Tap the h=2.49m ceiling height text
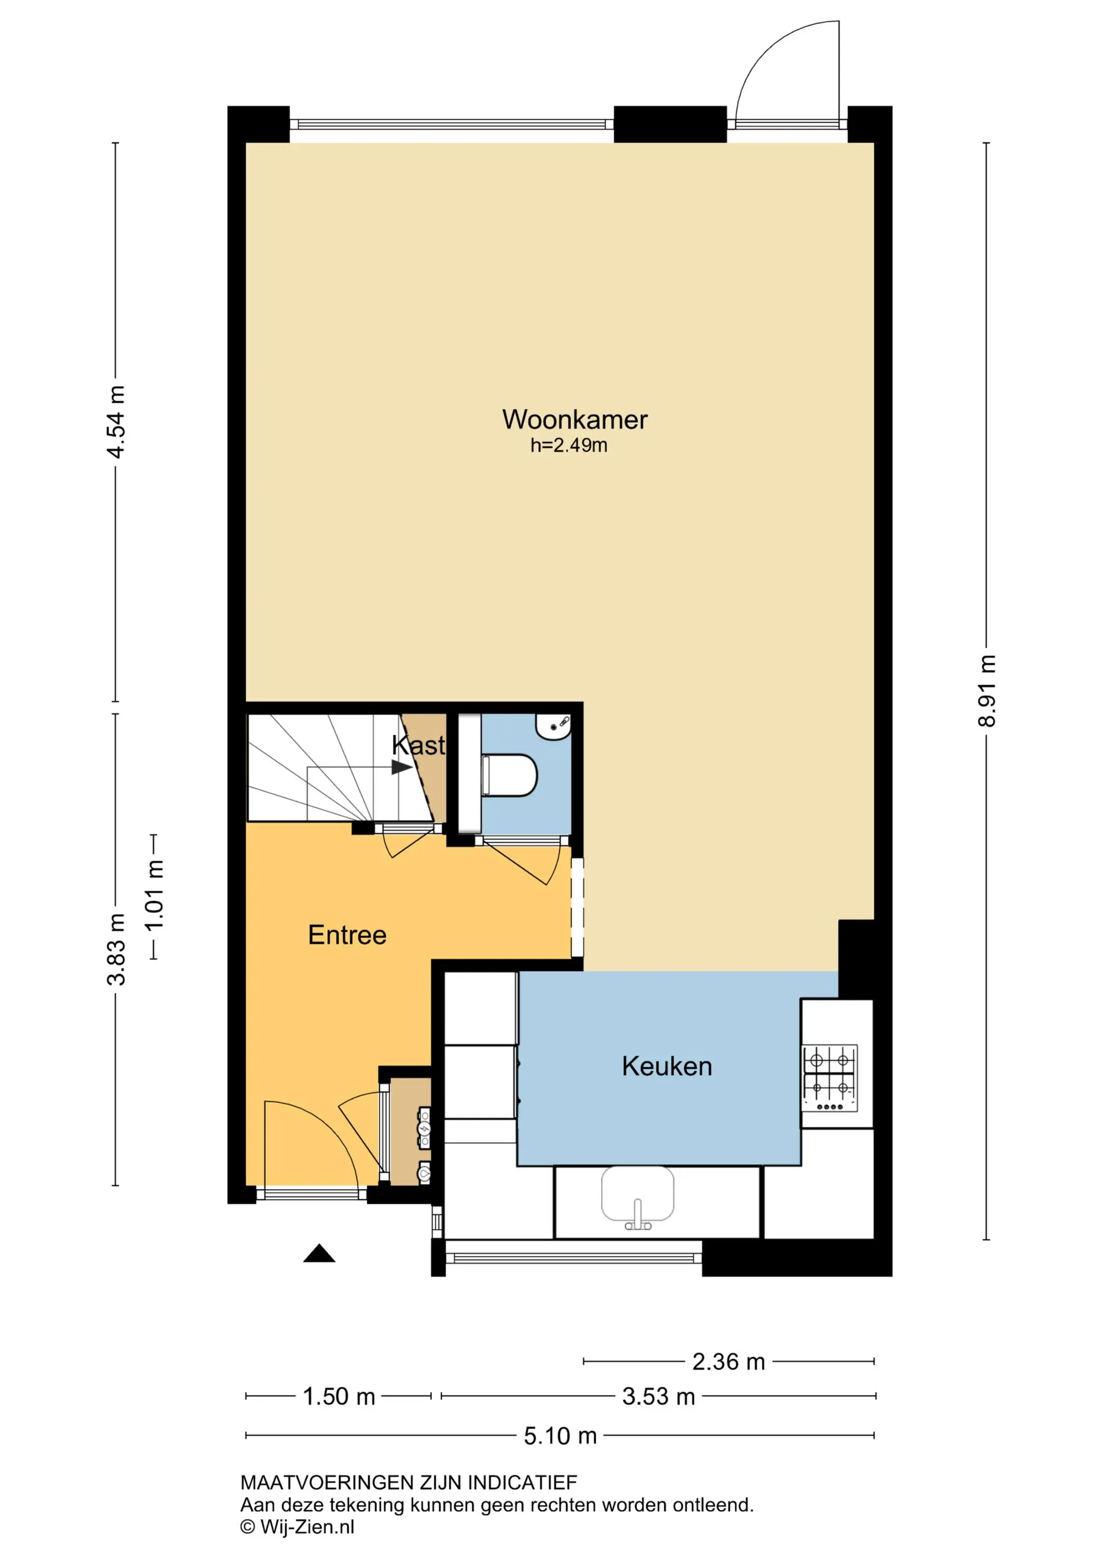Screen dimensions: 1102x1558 (569, 445)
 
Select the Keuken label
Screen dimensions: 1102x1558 (667, 1066)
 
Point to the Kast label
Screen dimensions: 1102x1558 (419, 745)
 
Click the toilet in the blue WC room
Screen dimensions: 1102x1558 (509, 774)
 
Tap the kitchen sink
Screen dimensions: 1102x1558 (638, 1197)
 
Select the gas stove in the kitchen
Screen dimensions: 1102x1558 (830, 1078)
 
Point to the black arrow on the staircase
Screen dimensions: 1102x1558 (401, 767)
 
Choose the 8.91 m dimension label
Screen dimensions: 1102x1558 (987, 691)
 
